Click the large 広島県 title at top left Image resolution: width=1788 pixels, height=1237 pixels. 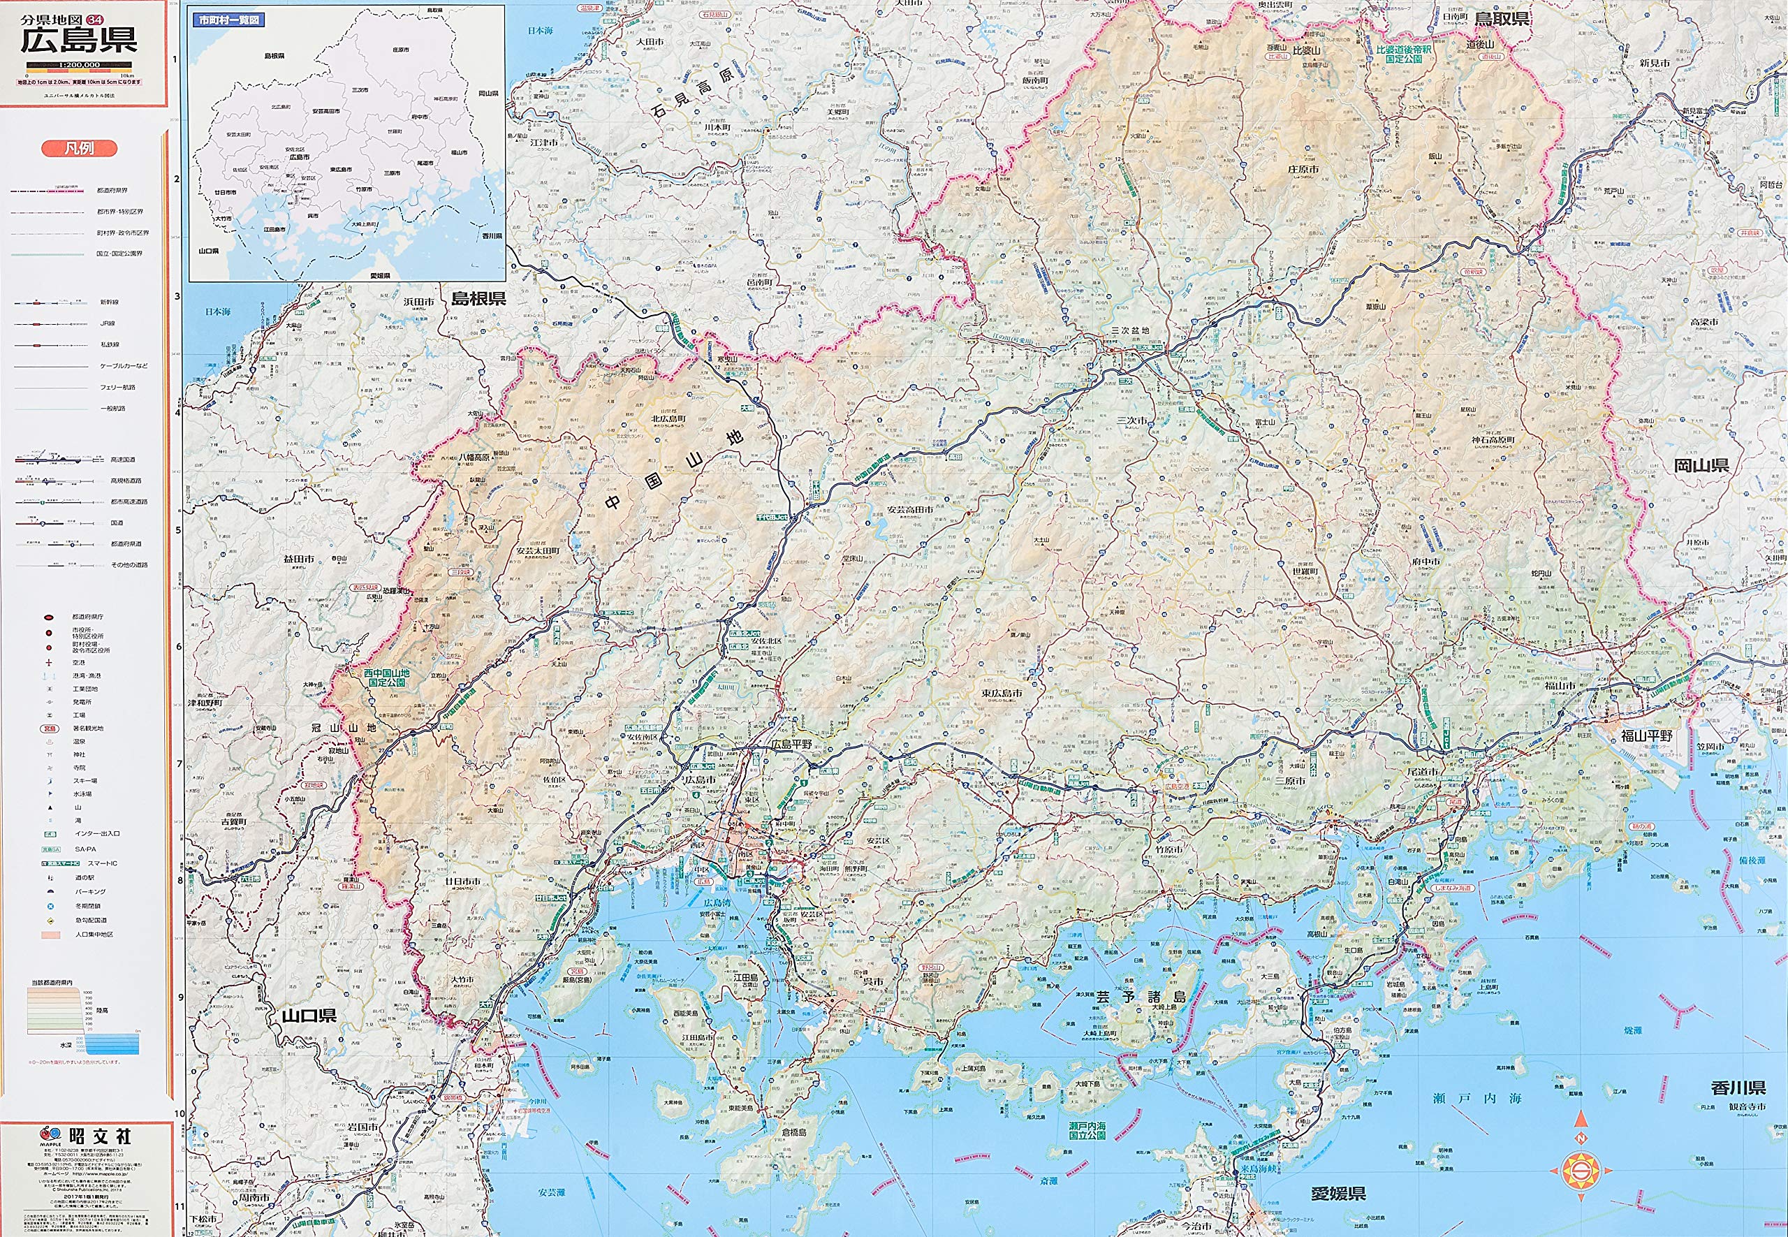[x=79, y=40]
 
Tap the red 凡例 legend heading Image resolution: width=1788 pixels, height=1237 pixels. [x=79, y=148]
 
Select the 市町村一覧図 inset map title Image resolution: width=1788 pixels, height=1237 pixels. [x=228, y=20]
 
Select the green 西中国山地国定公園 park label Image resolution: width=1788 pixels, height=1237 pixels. [x=387, y=678]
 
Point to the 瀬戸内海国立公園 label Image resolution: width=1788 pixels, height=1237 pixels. [x=1087, y=1130]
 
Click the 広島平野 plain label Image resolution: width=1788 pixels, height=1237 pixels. [x=791, y=744]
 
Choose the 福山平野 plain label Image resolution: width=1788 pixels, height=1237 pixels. [x=1646, y=735]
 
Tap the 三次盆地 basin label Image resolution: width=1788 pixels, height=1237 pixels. [x=1130, y=331]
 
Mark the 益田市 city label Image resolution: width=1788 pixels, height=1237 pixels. [x=298, y=558]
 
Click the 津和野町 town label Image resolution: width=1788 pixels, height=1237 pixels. [x=205, y=703]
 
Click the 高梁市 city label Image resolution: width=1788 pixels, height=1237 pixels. [x=1703, y=322]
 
